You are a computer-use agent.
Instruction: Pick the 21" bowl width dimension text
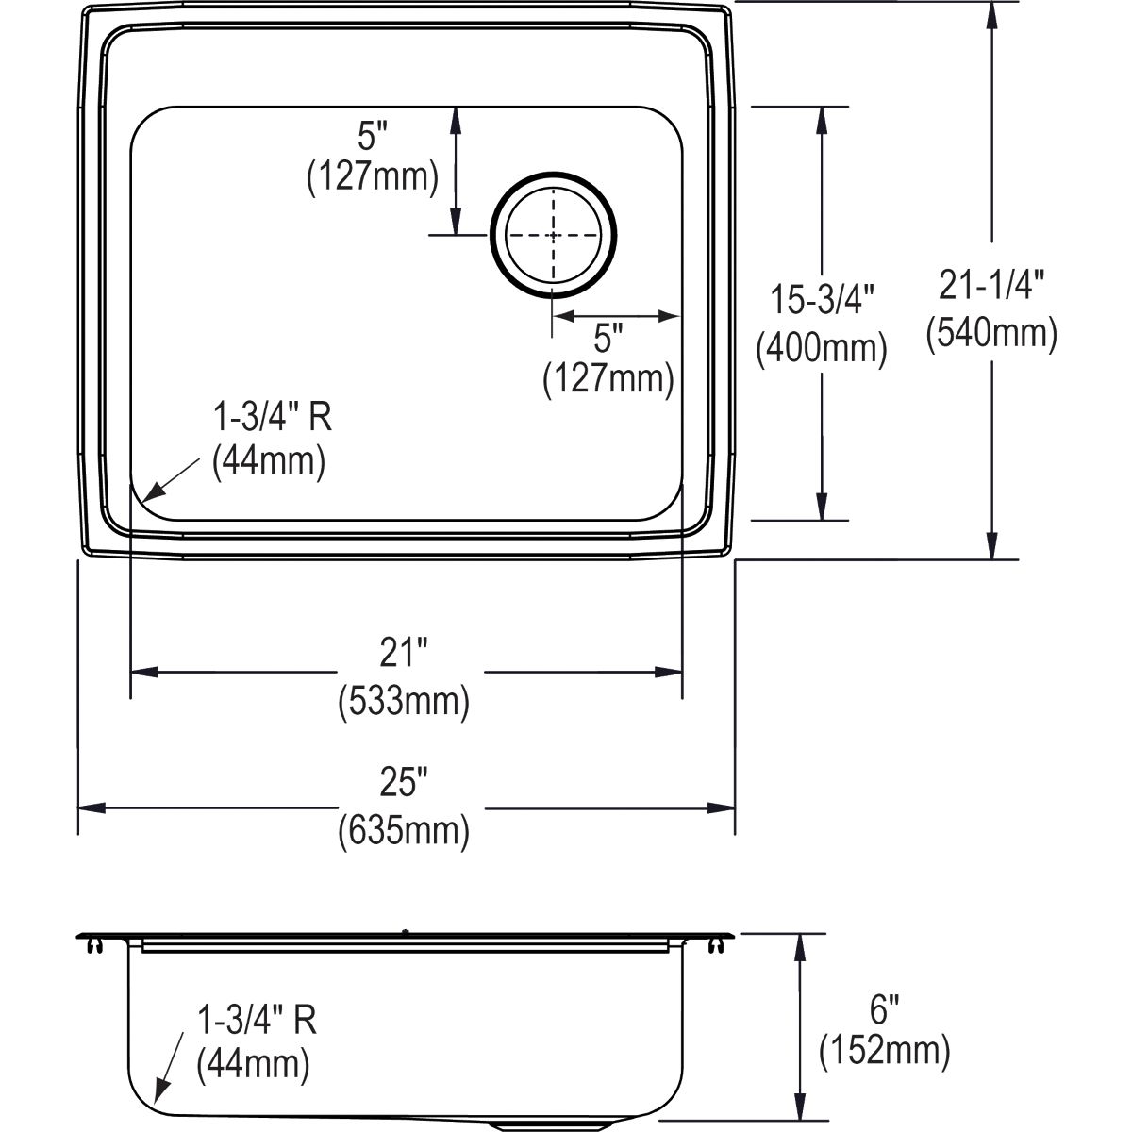point(403,652)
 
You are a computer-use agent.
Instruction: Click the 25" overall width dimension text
point(403,782)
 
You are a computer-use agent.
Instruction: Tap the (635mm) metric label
point(404,830)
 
